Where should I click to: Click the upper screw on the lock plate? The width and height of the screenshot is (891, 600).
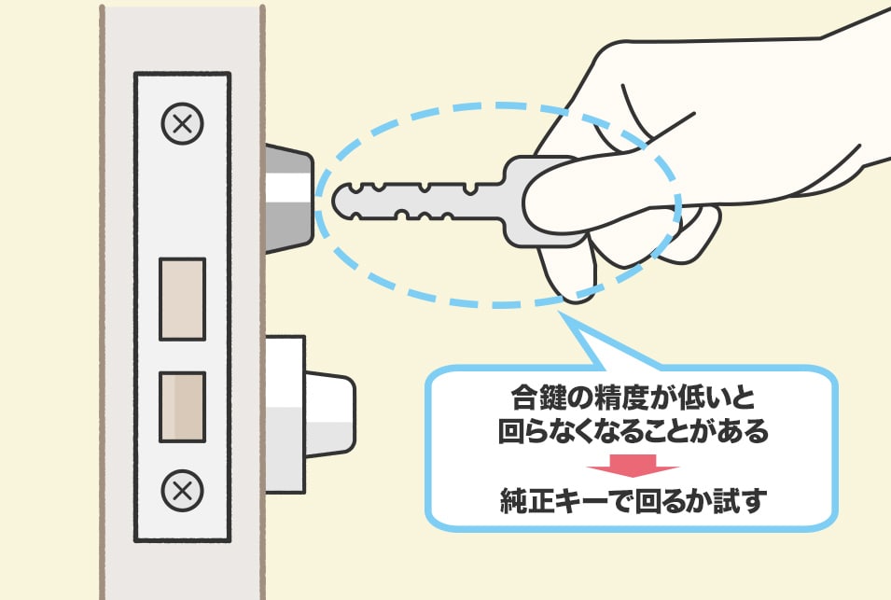(183, 123)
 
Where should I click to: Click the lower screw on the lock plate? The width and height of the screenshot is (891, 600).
(183, 490)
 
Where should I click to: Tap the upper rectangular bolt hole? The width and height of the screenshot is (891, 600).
(183, 300)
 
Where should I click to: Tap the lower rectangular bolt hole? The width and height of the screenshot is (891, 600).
(183, 407)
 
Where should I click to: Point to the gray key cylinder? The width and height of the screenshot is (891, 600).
(288, 199)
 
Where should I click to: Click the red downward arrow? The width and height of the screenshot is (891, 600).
(633, 465)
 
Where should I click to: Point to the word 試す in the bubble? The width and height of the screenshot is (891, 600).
(740, 500)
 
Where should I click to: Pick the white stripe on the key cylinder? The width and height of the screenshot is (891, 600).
(288, 187)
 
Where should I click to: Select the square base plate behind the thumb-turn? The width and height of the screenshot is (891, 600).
(285, 414)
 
